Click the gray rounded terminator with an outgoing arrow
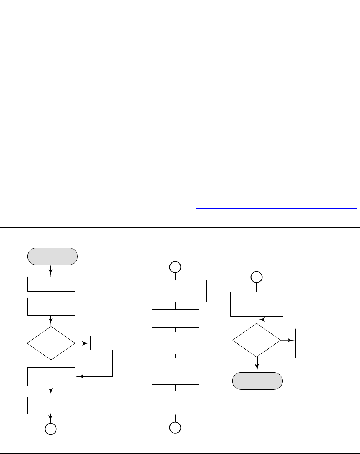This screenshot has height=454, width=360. pos(52,256)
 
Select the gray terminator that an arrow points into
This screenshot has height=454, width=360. pos(257,381)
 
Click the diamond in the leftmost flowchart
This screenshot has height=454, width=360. pos(51,343)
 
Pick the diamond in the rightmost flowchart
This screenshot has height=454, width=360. pos(257,340)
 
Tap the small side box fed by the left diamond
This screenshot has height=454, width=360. pos(112,343)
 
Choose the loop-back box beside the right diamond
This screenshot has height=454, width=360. pos(319,343)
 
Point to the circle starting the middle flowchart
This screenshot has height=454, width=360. pos(175,267)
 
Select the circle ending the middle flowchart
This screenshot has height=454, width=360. pos(175,427)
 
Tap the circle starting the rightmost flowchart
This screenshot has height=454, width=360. pos(257,277)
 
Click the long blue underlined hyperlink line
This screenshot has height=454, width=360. pos(277,209)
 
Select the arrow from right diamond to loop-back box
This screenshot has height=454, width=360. pos(288,340)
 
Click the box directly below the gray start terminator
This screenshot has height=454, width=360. pos(51,284)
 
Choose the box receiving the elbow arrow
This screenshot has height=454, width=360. pos(51,376)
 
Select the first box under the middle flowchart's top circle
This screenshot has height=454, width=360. pos(179,291)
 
